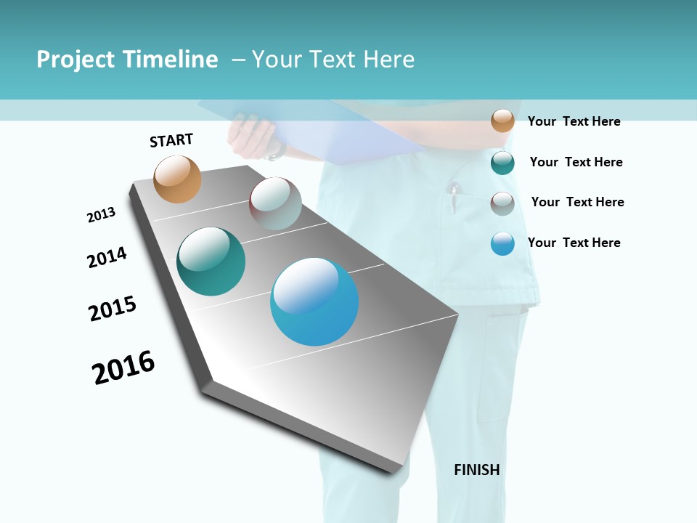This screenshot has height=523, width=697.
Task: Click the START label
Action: (x=171, y=140)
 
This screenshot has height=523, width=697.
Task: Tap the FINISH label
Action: (x=477, y=470)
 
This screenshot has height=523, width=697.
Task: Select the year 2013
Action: (x=102, y=215)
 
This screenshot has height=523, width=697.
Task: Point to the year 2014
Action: (x=107, y=258)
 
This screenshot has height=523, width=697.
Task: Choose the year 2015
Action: (x=113, y=309)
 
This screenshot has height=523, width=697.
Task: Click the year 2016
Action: (x=123, y=368)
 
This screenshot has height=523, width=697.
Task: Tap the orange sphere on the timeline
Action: (x=178, y=179)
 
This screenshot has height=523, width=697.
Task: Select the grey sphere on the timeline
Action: (x=275, y=203)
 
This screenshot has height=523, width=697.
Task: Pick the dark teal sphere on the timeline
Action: (x=211, y=261)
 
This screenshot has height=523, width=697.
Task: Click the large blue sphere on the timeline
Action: (x=314, y=301)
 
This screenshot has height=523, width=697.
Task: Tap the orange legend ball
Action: (x=502, y=121)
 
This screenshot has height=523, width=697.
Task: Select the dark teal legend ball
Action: (x=502, y=163)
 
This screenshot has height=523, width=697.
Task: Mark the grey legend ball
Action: (x=502, y=203)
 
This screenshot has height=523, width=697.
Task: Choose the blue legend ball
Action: (x=502, y=243)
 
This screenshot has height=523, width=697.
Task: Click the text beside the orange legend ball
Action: (x=574, y=121)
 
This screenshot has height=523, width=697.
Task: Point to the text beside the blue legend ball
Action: (x=574, y=243)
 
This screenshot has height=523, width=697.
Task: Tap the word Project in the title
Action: (x=75, y=60)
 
